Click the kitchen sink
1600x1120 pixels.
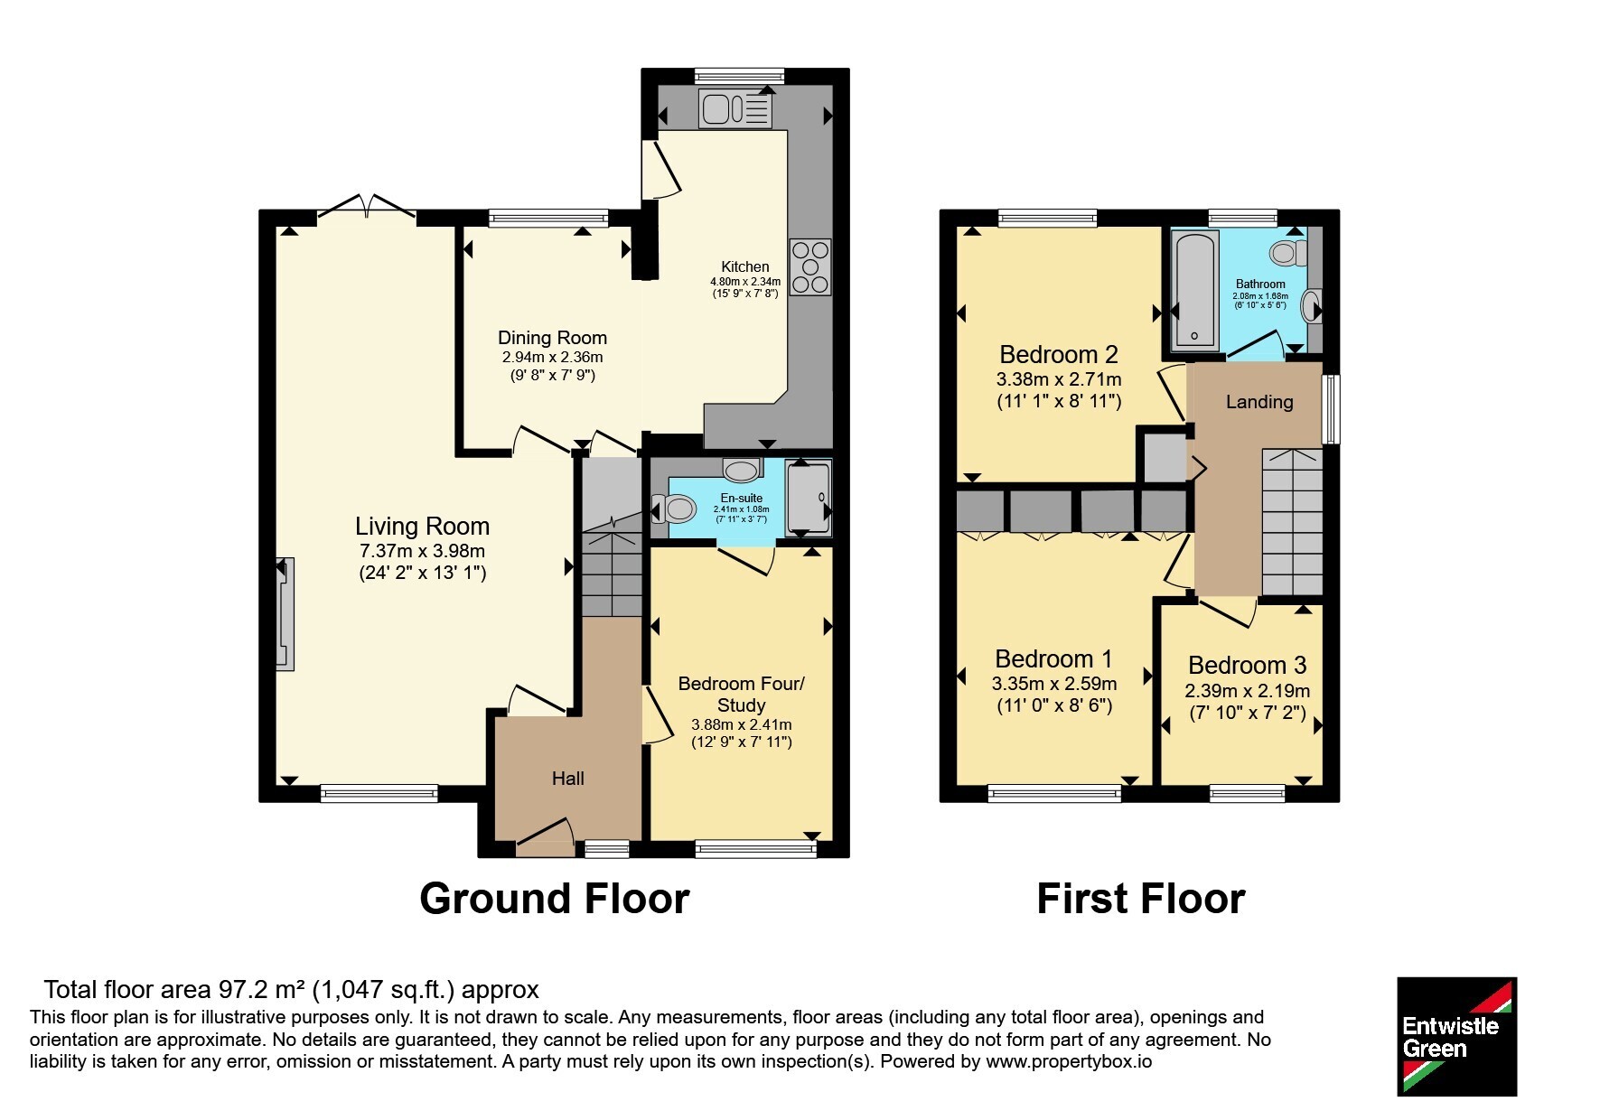[735, 109]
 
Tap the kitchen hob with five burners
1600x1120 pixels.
[810, 267]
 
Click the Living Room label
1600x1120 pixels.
[422, 526]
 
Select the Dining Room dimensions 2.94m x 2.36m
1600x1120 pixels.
[553, 357]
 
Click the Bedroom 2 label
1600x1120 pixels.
[1059, 354]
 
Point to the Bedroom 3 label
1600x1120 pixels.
[1247, 666]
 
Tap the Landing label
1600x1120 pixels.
[1259, 402]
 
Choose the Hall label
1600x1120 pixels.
[568, 779]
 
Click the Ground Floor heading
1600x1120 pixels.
[555, 899]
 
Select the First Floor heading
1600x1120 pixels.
[1141, 899]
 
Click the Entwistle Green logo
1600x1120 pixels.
[1456, 1037]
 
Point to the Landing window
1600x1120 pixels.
[1331, 409]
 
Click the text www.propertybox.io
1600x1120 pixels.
[1069, 1062]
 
